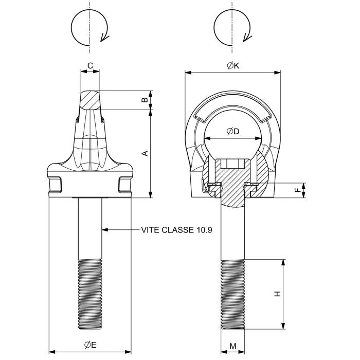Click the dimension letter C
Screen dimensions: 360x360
pos(90,66)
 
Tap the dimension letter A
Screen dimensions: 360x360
pos(145,153)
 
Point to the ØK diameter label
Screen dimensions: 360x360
pos(233,66)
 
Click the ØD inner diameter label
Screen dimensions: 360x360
pos(233,132)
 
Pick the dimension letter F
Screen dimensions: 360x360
pos(297,190)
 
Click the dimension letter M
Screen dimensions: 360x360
pos(233,346)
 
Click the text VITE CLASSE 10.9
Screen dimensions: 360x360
pos(176,230)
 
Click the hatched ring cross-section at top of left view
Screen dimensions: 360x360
pos(91,100)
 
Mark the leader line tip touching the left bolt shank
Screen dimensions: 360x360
pos(102,230)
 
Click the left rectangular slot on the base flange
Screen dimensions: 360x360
pos(56,183)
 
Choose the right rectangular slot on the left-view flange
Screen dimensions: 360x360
pos(124,183)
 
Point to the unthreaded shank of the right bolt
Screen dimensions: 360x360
pos(233,231)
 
